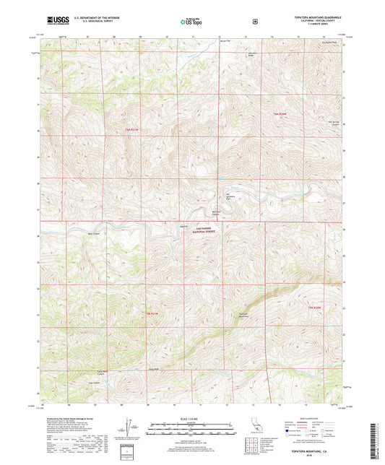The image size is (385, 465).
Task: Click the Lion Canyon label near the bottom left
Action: (x=93, y=382)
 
